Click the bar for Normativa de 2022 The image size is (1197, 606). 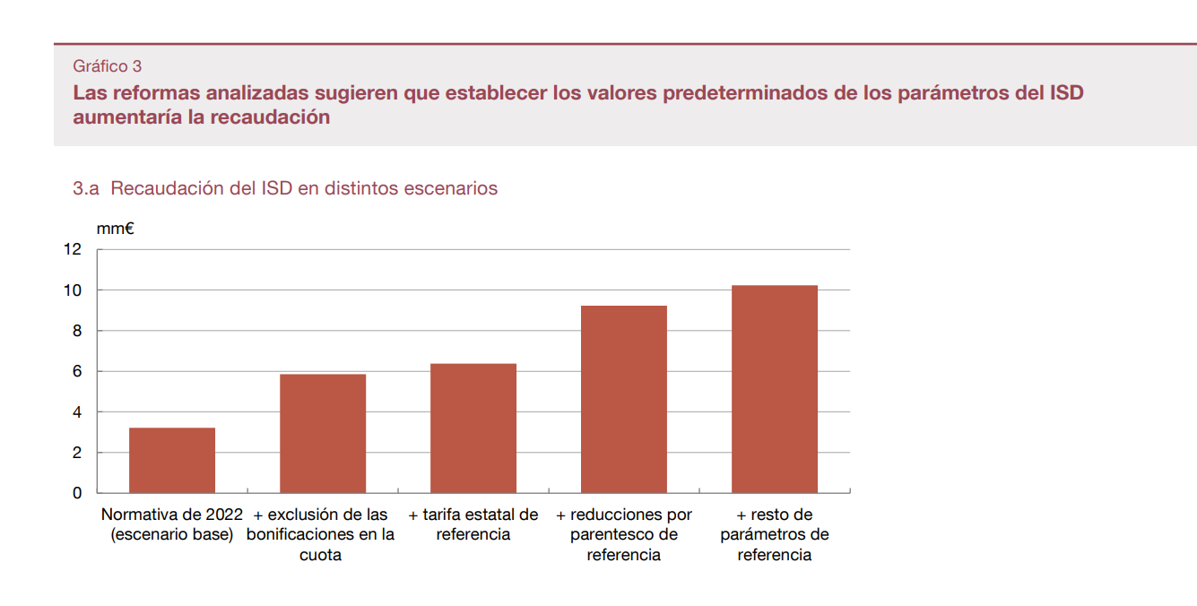[x=172, y=460]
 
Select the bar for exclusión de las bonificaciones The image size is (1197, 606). [x=323, y=433]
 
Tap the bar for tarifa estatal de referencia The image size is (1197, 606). [x=473, y=428]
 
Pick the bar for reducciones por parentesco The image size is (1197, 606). [x=624, y=399]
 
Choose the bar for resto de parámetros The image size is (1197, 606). [x=775, y=389]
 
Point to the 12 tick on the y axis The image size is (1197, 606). [x=72, y=249]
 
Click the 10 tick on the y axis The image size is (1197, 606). [x=72, y=290]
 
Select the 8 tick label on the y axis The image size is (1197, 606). [x=76, y=331]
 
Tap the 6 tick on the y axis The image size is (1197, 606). [x=76, y=371]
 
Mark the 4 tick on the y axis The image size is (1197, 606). [x=76, y=412]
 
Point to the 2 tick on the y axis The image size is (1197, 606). [x=76, y=453]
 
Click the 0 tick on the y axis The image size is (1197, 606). [x=76, y=493]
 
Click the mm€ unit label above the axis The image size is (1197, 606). [x=116, y=229]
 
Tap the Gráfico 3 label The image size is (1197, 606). [x=107, y=66]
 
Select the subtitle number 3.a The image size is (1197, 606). [x=86, y=189]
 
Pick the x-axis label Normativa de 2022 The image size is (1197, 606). [x=172, y=515]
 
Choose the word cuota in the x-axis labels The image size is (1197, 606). [x=320, y=555]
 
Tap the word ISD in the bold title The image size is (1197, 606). [x=1066, y=93]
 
